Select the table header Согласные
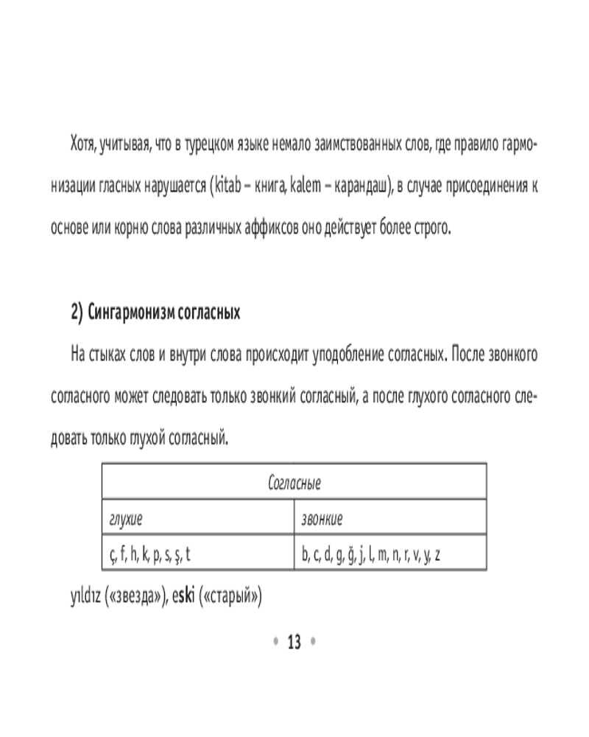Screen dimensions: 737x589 pyautogui.click(x=294, y=483)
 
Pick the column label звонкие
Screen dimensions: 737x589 pyautogui.click(x=322, y=519)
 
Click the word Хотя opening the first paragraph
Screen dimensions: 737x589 pyautogui.click(x=83, y=142)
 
